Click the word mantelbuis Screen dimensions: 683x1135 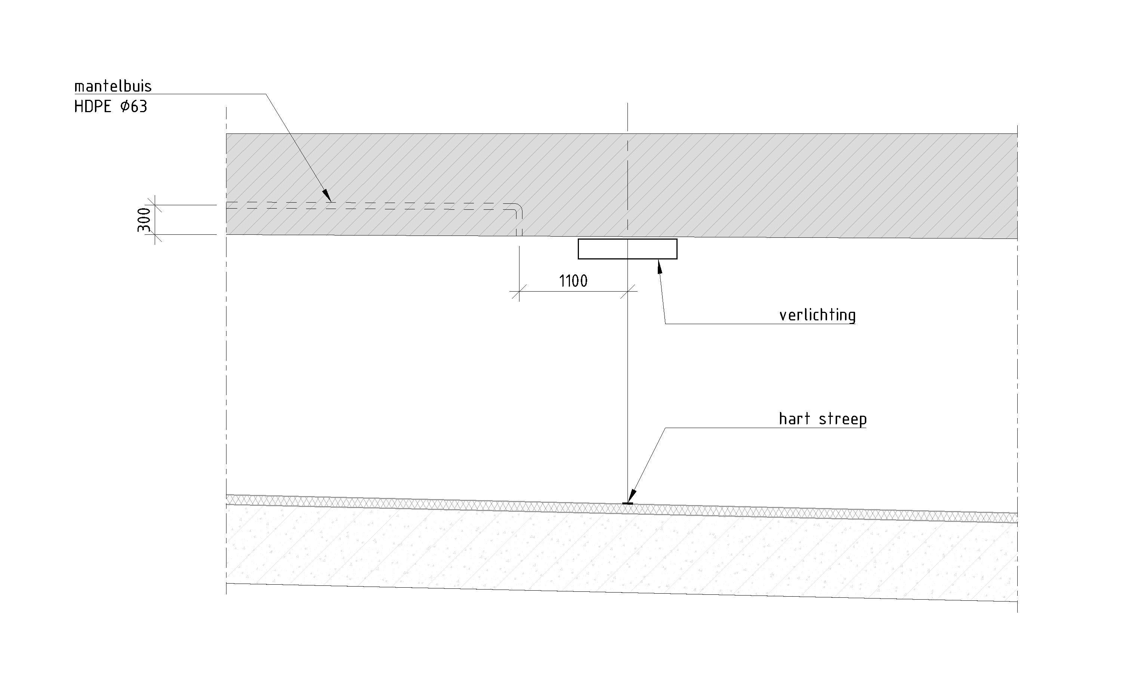point(113,86)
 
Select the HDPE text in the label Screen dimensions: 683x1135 point(92,107)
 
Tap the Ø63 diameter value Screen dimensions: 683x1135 point(134,107)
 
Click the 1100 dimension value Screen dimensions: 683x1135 point(573,281)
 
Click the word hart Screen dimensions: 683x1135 point(794,419)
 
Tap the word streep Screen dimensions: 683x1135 point(842,419)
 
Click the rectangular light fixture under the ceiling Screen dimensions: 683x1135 point(627,249)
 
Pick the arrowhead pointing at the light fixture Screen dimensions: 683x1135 point(660,267)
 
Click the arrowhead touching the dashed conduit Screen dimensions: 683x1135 point(326,195)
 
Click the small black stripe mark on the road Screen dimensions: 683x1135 point(627,504)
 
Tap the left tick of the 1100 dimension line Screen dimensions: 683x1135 point(519,291)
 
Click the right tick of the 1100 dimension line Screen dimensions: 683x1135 point(628,291)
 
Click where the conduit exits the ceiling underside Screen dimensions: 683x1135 point(519,235)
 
